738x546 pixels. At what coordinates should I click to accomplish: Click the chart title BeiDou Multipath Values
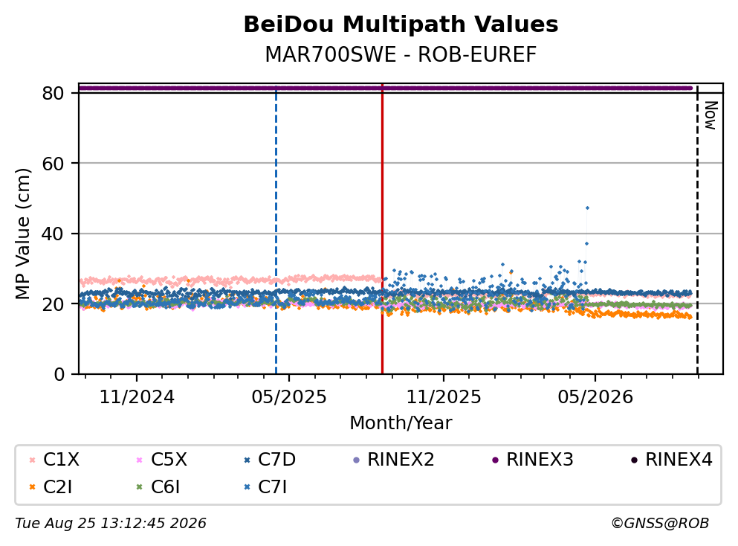pyautogui.click(x=401, y=25)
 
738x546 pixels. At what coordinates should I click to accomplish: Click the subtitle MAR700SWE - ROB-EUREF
pyautogui.click(x=401, y=54)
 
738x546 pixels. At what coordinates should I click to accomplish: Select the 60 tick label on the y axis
pyautogui.click(x=53, y=164)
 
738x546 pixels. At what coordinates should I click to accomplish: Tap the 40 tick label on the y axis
pyautogui.click(x=53, y=234)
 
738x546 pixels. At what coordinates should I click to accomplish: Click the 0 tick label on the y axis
pyautogui.click(x=59, y=374)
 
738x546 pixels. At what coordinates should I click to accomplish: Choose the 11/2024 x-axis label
pyautogui.click(x=137, y=397)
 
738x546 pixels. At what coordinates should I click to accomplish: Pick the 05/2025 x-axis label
pyautogui.click(x=289, y=397)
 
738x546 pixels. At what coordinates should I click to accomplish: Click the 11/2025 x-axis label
pyautogui.click(x=444, y=397)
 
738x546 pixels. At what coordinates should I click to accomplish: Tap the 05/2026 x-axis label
pyautogui.click(x=595, y=397)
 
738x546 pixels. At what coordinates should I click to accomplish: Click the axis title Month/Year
pyautogui.click(x=401, y=423)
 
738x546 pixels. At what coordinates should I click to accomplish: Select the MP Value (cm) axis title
pyautogui.click(x=22, y=234)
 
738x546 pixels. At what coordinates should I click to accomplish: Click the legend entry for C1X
pyautogui.click(x=54, y=459)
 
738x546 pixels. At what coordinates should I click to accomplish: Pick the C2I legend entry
pyautogui.click(x=51, y=486)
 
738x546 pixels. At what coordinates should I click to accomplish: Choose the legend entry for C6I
pyautogui.click(x=158, y=486)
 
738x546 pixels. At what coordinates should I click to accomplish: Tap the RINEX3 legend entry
pyautogui.click(x=533, y=459)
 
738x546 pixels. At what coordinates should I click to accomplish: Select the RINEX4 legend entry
pyautogui.click(x=672, y=459)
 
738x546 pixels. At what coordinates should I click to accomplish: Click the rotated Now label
pyautogui.click(x=711, y=115)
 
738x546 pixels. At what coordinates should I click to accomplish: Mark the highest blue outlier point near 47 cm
pyautogui.click(x=587, y=208)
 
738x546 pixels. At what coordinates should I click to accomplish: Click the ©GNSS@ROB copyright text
pyautogui.click(x=660, y=523)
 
